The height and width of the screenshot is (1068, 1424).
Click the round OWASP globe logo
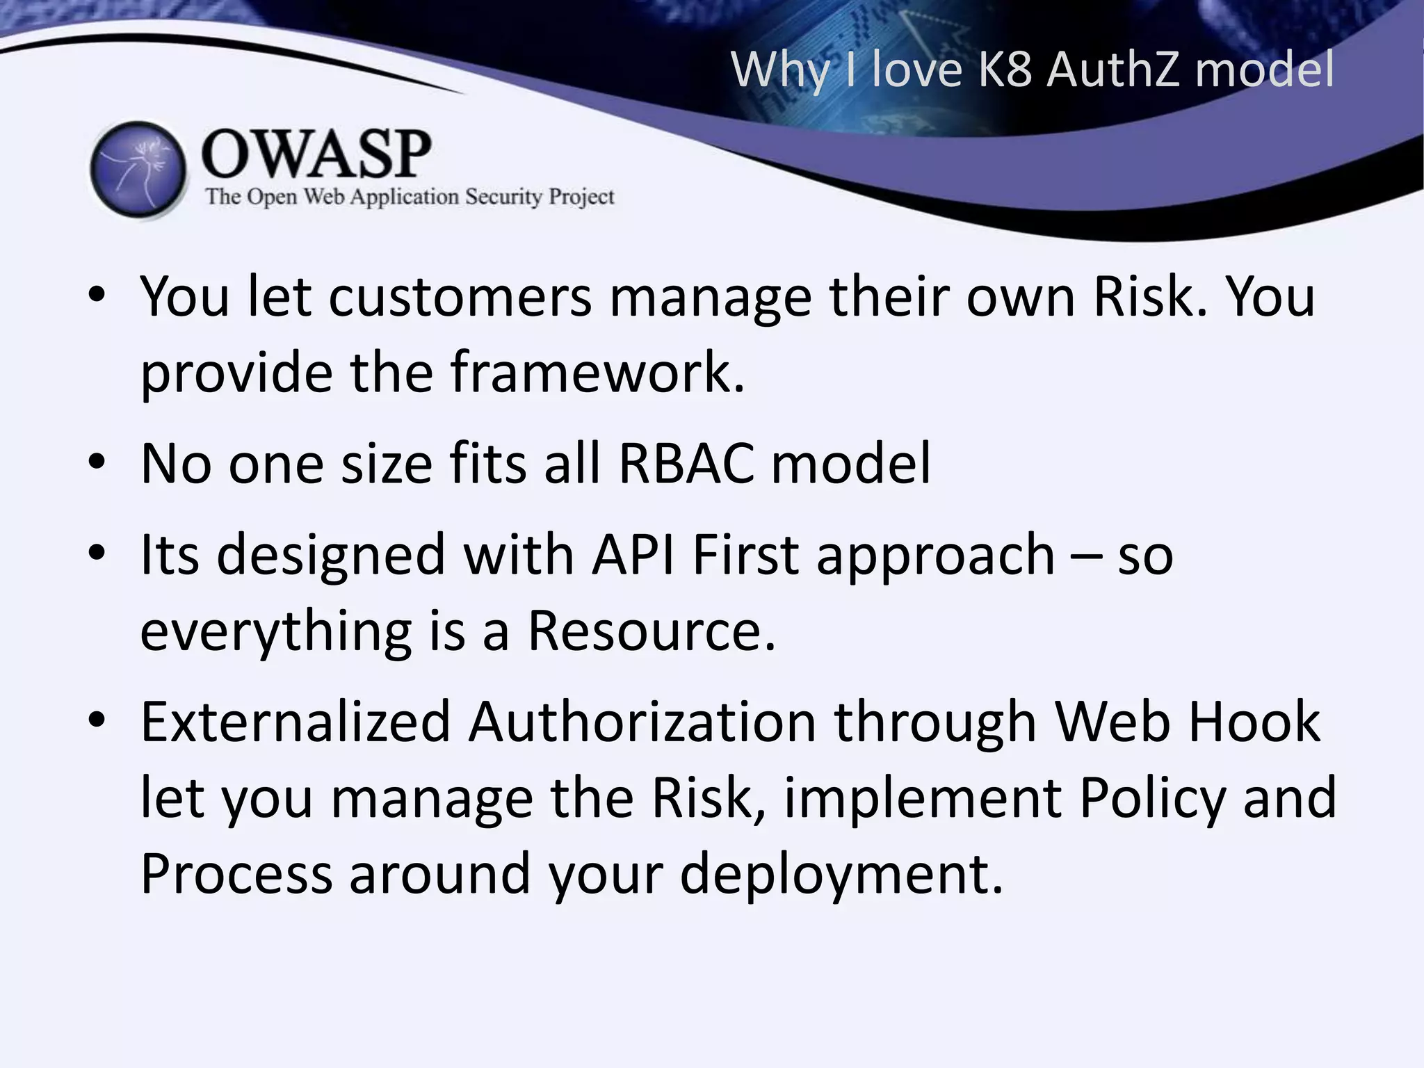coord(138,169)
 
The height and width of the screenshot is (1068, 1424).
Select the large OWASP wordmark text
coord(316,154)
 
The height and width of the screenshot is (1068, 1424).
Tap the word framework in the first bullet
coord(597,372)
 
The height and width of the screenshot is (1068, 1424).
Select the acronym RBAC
coord(686,463)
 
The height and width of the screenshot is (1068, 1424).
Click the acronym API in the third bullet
coord(633,555)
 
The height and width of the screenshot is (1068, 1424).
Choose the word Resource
coord(652,631)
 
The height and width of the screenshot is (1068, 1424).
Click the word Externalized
coord(296,722)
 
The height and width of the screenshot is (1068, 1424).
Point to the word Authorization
coord(642,722)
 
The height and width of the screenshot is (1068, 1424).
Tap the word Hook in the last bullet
coord(1254,722)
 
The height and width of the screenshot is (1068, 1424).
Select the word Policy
coord(1152,798)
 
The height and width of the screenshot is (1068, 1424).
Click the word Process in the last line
coord(236,874)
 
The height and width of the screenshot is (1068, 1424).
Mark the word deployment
coord(841,874)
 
